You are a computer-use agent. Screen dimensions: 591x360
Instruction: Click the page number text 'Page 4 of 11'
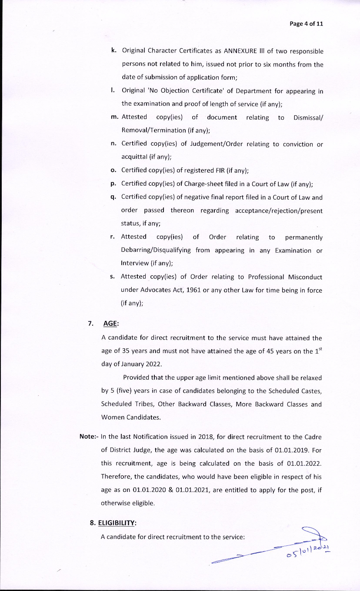tap(306, 23)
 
